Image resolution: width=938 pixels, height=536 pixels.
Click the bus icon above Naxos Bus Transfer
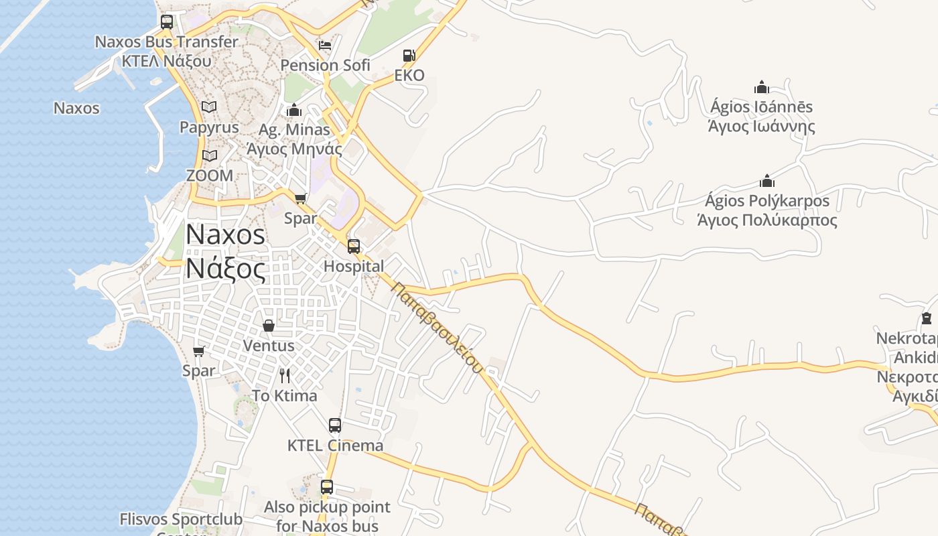(x=167, y=21)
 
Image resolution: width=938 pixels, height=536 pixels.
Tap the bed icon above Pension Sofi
(x=325, y=46)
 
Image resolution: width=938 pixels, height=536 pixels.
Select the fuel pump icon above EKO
(x=409, y=56)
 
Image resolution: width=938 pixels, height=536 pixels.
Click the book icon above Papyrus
(x=209, y=107)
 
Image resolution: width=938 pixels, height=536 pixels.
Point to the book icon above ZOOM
(x=210, y=156)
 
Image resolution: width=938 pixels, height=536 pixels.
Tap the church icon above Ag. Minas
(x=294, y=110)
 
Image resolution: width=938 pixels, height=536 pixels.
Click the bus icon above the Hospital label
(x=354, y=246)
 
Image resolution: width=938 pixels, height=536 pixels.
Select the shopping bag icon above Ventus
(x=269, y=326)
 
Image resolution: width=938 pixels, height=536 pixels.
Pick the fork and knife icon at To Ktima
(x=285, y=375)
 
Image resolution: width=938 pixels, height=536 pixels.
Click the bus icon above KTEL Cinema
(x=335, y=425)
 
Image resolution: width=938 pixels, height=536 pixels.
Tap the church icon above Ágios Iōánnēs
(x=761, y=87)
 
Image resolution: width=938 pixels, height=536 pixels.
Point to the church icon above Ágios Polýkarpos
(x=767, y=181)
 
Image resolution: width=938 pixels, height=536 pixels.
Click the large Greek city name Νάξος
(x=225, y=268)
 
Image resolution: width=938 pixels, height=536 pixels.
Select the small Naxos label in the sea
(x=76, y=108)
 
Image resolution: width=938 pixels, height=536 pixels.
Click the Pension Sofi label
(x=325, y=65)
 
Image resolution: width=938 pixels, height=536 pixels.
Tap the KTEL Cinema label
(x=335, y=446)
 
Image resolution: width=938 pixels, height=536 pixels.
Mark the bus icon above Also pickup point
(x=327, y=487)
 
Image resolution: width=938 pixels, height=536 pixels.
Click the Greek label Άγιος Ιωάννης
(x=761, y=126)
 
